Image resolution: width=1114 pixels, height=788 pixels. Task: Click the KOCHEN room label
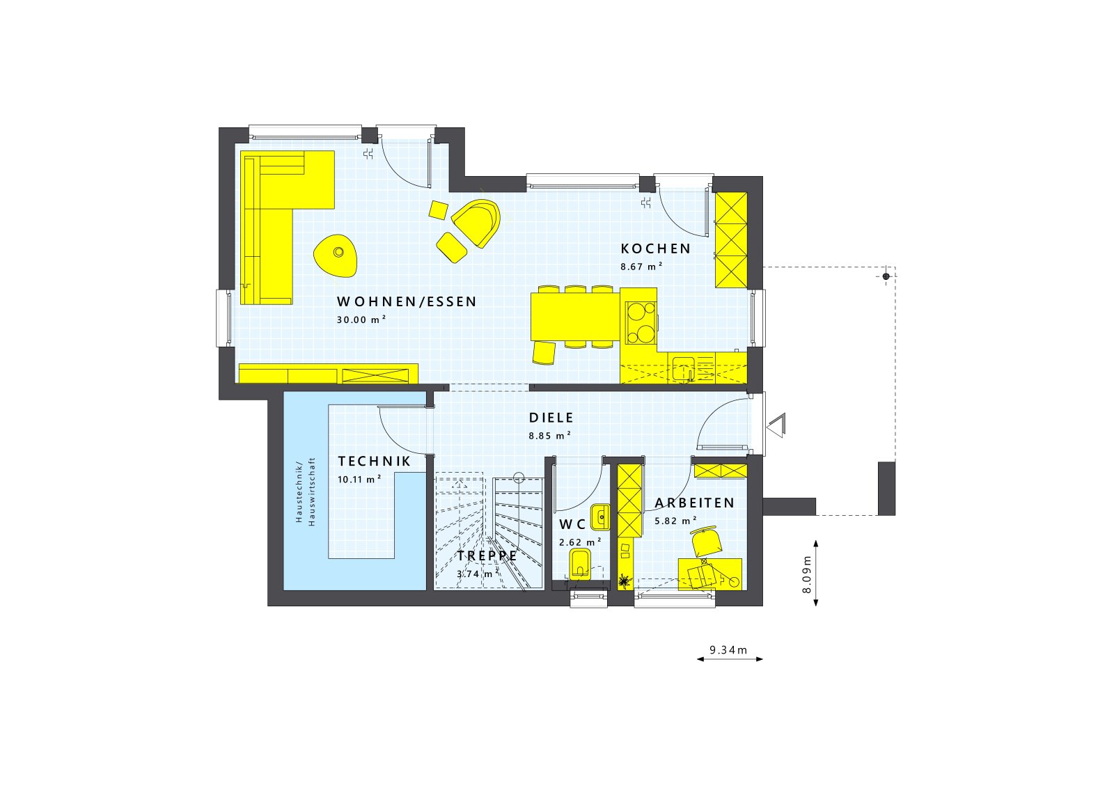tap(655, 249)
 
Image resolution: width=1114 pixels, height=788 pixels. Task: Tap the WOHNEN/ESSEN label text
tap(407, 301)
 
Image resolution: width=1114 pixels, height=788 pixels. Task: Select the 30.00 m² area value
tap(361, 320)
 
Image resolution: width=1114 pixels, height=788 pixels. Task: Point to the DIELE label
tap(551, 418)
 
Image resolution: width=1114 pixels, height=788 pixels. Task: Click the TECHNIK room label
tap(374, 462)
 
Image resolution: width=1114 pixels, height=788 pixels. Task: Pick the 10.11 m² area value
tap(359, 479)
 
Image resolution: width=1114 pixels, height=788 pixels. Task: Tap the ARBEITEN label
tap(694, 503)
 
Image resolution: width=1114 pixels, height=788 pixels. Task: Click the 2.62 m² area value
tap(580, 542)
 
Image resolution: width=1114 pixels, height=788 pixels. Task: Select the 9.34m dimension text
tap(728, 650)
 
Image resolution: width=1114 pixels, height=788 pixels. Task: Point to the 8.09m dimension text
tap(807, 574)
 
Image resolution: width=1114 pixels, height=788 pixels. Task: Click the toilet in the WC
tap(580, 562)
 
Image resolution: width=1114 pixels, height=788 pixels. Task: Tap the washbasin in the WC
tap(600, 517)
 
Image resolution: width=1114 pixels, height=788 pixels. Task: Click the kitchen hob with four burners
tap(641, 323)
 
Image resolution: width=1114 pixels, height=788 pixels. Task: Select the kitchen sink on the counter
tap(683, 367)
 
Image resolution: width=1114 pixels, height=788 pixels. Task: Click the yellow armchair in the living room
tap(478, 221)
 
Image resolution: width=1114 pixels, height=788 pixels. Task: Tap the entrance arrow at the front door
tap(775, 425)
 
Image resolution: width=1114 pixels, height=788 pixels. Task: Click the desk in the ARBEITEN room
tap(709, 574)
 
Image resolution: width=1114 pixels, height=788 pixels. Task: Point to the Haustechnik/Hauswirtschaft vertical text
tap(305, 491)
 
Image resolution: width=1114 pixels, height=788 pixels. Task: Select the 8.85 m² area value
tap(549, 436)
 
